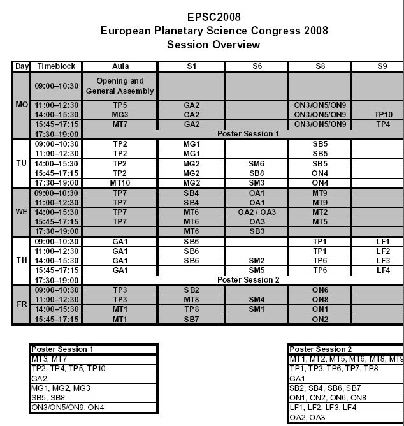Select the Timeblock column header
57,66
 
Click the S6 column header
256,66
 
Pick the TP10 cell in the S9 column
379,115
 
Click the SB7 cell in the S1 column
191,318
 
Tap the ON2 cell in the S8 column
320,318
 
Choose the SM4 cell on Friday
256,299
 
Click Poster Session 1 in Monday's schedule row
248,134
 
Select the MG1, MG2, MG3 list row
94,387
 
